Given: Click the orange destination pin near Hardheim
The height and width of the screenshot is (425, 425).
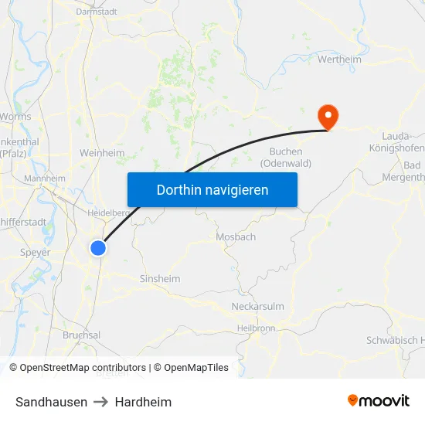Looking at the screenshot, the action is tap(328, 117).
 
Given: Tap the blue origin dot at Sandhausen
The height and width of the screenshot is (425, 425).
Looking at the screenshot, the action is tap(98, 247).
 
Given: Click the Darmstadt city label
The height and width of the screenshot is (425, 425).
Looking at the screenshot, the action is tap(97, 12).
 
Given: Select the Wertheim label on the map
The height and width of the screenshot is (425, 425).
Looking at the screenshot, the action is tap(340, 59).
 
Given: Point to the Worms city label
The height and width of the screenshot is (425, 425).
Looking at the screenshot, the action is tap(17, 117).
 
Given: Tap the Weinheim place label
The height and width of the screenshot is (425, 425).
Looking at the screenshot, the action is tap(102, 153).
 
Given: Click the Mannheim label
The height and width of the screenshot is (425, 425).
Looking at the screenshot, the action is tap(45, 178).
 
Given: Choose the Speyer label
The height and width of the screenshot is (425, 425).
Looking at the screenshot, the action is tap(36, 253).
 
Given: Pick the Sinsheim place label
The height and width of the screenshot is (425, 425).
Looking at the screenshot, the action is tap(160, 279).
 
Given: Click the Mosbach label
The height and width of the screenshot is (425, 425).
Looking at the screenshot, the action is tap(236, 237).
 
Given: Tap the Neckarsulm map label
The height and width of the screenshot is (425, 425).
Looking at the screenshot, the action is tap(258, 307).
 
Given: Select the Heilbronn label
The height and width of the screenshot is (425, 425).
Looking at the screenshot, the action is tap(257, 328).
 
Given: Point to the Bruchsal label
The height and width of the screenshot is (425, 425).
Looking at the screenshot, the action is tap(81, 335).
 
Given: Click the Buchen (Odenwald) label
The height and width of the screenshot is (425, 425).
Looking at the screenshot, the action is tap(285, 158).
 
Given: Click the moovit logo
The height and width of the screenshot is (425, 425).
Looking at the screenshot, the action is tap(379, 401).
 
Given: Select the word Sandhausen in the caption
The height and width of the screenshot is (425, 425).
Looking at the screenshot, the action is tap(51, 402).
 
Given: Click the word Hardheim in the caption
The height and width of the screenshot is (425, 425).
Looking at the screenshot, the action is tap(143, 402).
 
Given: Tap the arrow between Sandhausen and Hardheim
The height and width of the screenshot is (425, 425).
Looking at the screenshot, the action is tap(101, 402).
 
